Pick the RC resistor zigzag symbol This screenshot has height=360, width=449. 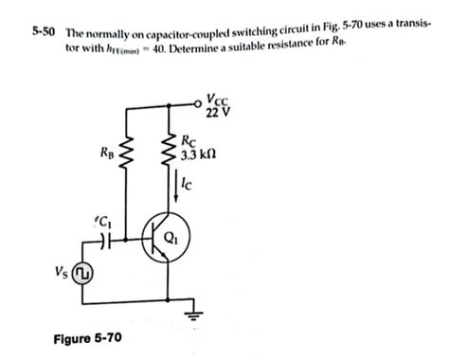[x=169, y=150]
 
